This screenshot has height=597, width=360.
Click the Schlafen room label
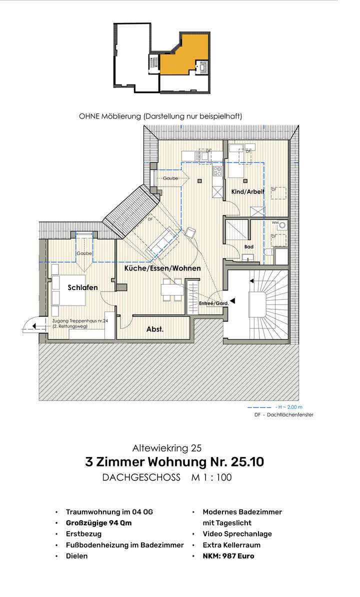(x=82, y=287)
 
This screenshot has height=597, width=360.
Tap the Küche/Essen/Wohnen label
(x=162, y=268)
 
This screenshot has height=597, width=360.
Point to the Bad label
(x=248, y=247)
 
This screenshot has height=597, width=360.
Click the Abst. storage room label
(x=155, y=329)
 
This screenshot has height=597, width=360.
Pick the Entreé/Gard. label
(x=213, y=303)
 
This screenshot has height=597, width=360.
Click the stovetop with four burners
(x=217, y=171)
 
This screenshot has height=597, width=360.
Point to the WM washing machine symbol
(x=282, y=225)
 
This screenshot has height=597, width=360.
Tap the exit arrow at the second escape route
(x=32, y=325)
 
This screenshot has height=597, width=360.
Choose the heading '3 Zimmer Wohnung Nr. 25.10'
(x=174, y=462)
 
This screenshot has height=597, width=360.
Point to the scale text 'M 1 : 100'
(x=211, y=477)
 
